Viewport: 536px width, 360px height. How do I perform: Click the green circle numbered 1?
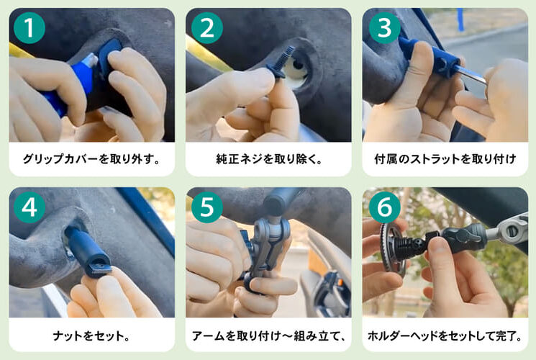(29, 28)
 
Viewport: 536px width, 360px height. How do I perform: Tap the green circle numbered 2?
(206, 28)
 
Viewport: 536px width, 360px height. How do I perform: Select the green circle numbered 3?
(385, 28)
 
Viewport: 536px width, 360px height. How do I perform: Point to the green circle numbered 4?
(29, 207)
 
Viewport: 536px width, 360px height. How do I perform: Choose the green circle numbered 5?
(206, 207)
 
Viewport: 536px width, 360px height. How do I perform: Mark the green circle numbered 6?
(385, 207)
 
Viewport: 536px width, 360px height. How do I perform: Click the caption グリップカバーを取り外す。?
(91, 159)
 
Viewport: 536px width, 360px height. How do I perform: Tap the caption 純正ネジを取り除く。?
(268, 159)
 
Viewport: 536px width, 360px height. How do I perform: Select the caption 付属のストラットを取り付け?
(445, 159)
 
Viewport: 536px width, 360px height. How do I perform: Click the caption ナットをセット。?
(91, 336)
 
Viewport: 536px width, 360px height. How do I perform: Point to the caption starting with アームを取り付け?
(268, 336)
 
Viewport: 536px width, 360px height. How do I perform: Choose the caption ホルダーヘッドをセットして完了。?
(445, 336)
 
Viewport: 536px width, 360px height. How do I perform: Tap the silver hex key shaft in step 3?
(471, 75)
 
